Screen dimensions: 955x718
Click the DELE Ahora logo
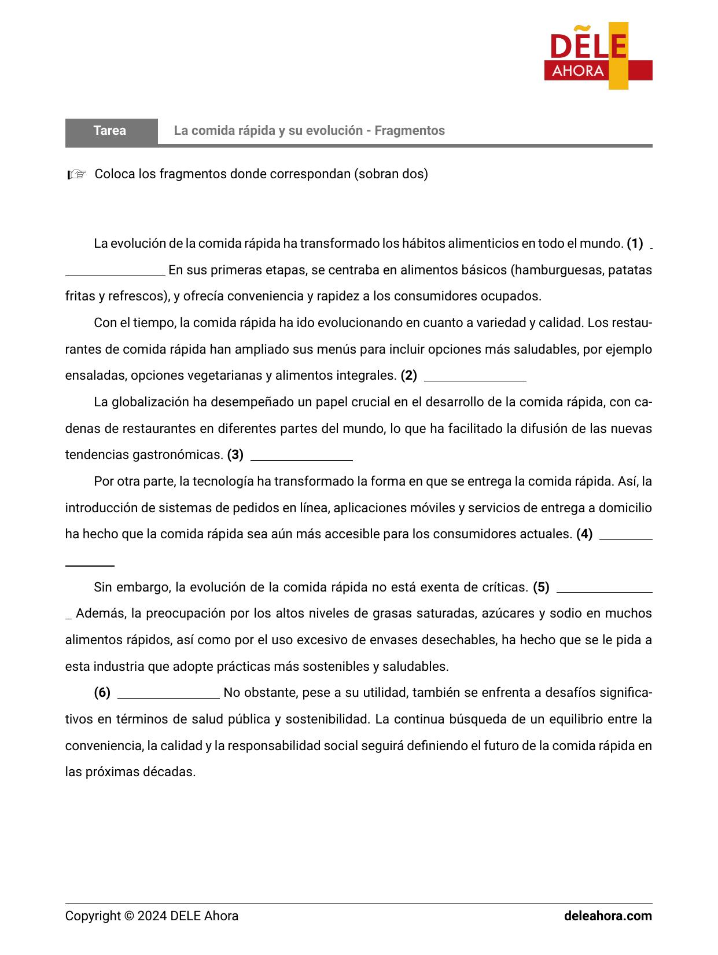[598, 56]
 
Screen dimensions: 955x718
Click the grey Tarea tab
[111, 131]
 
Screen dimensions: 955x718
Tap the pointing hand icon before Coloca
[77, 174]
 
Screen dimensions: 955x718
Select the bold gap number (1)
[635, 244]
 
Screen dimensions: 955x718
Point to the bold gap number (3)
[235, 455]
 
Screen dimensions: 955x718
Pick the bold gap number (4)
[584, 534]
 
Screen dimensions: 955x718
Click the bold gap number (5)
[541, 587]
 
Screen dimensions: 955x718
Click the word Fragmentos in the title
[410, 131]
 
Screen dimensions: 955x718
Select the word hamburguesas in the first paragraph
[557, 270]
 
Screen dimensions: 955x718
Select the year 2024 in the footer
[153, 916]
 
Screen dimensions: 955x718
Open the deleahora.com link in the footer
[607, 916]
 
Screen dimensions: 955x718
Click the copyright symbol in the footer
[128, 916]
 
